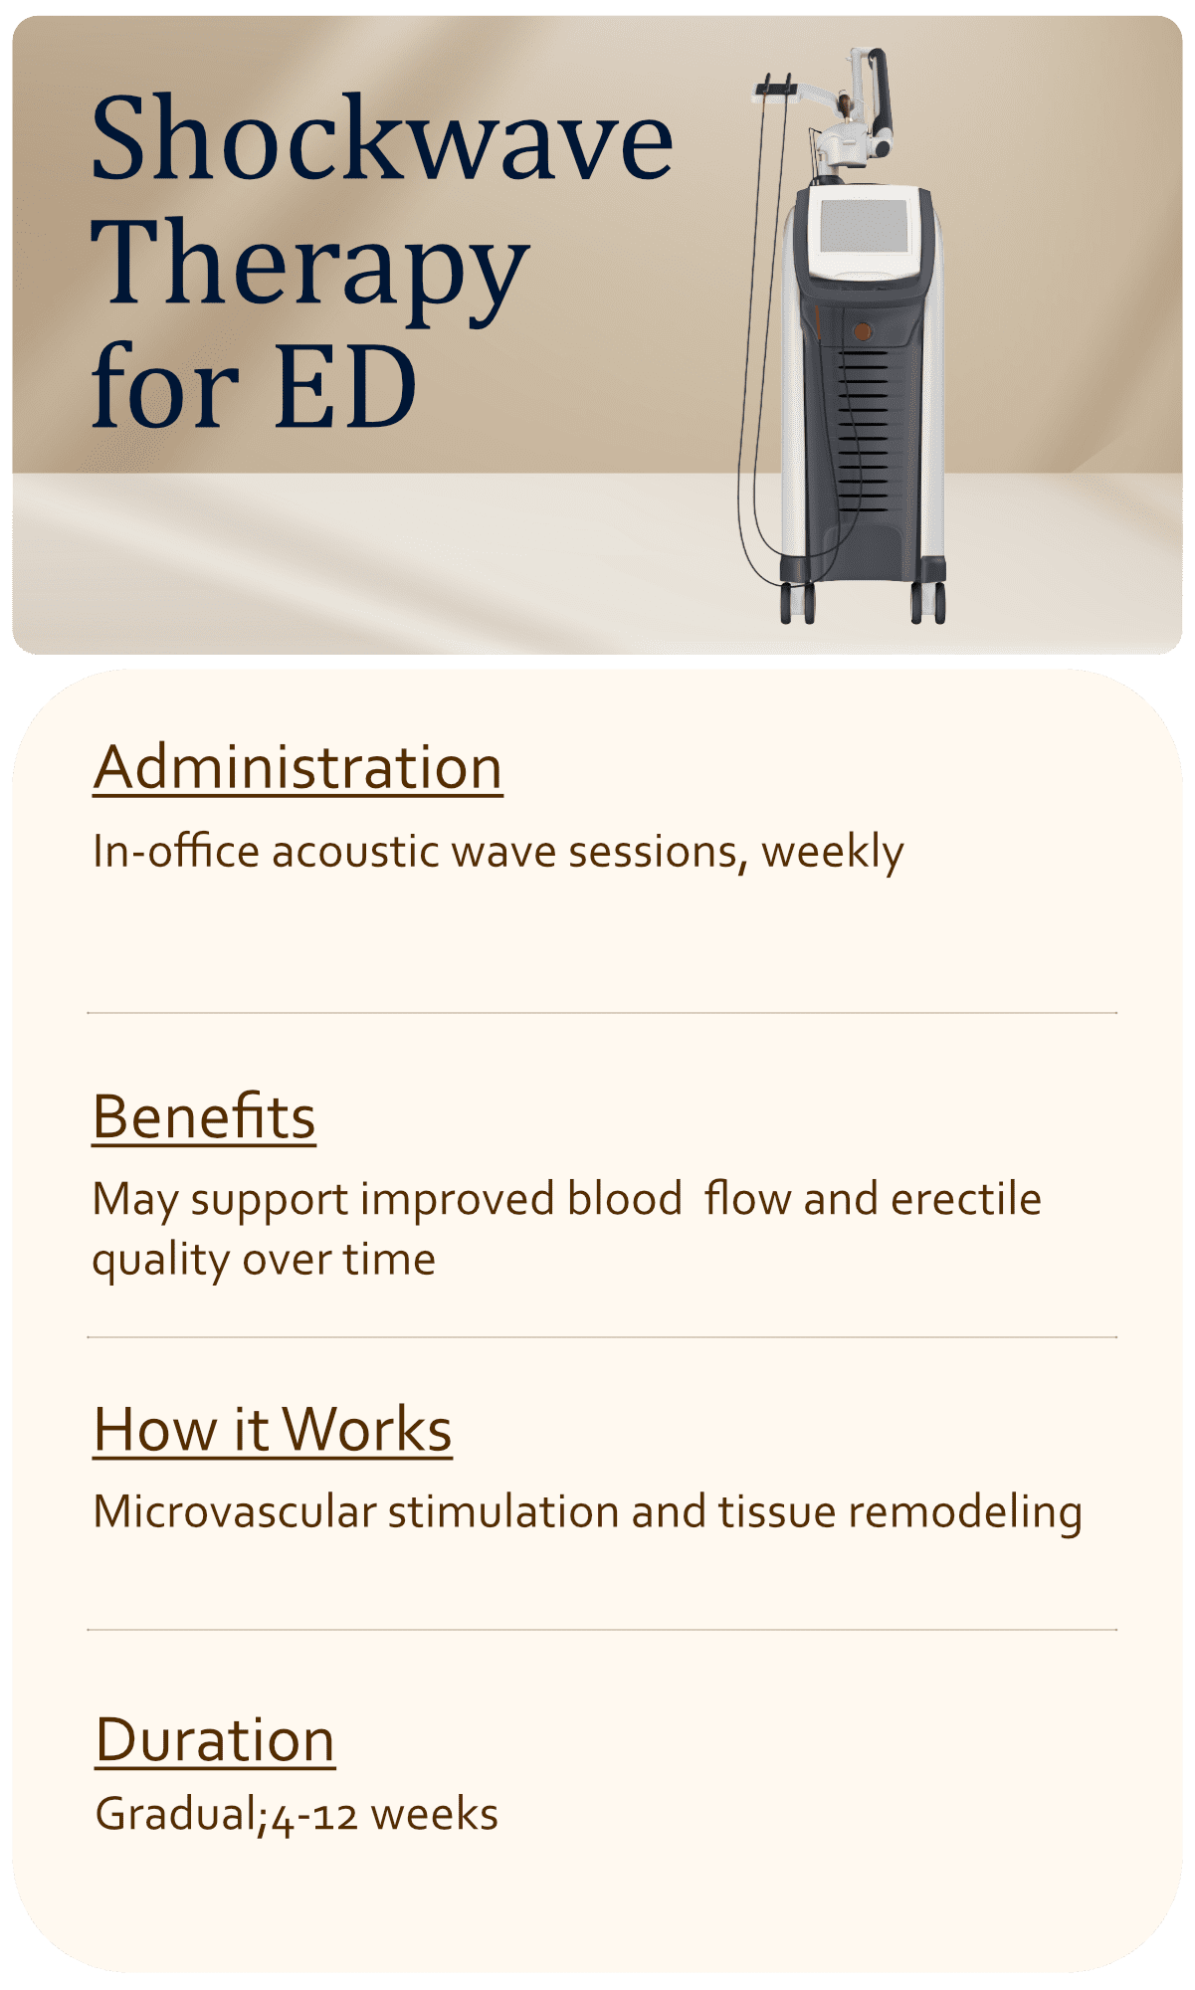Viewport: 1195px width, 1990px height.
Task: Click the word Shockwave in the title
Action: pos(382,139)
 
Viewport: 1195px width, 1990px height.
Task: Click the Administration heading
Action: pos(298,768)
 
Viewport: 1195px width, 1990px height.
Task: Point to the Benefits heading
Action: pos(204,1116)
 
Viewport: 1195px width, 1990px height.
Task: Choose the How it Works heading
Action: pos(273,1430)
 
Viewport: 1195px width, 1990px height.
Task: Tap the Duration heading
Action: pos(215,1740)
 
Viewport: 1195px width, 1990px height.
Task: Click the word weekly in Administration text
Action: pos(833,853)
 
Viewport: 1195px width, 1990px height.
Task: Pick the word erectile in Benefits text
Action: pos(965,1199)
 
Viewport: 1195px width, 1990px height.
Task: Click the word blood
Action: pos(625,1199)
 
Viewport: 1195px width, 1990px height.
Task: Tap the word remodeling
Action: pos(964,1512)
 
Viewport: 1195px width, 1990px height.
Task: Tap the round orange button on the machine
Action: pos(863,329)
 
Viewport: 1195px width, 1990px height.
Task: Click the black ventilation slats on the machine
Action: pos(862,428)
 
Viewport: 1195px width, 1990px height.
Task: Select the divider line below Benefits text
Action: pos(602,1337)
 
